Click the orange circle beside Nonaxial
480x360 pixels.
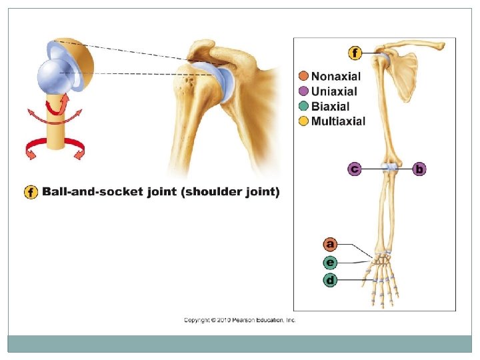(303, 77)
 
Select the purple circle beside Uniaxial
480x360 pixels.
(303, 91)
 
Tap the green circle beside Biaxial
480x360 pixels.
(303, 106)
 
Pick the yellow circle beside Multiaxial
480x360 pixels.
(303, 121)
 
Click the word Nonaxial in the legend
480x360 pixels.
(336, 77)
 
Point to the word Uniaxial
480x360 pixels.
(334, 91)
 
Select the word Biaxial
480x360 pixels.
(331, 106)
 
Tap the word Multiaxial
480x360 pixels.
(339, 121)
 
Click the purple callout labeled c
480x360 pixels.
(355, 169)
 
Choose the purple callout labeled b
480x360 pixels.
(419, 169)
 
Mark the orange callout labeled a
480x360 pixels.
(330, 244)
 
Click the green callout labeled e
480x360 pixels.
(330, 262)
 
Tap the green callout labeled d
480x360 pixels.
(330, 280)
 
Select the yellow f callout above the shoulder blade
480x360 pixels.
(355, 53)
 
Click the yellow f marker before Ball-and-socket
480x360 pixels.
(31, 193)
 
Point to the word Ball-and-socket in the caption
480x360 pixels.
(91, 193)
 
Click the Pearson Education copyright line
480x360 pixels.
(239, 321)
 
